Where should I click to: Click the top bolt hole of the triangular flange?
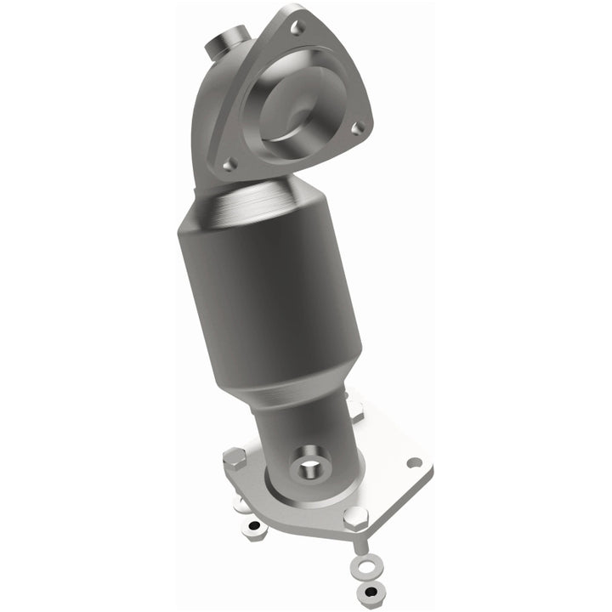(297, 27)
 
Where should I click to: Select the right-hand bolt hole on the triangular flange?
(359, 127)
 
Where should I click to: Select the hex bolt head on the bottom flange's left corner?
(235, 460)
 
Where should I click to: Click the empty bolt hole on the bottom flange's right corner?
(414, 462)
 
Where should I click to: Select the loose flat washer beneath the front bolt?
(366, 566)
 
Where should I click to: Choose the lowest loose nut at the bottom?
(372, 592)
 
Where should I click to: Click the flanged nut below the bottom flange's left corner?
(252, 530)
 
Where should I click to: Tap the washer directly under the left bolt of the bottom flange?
(241, 505)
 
